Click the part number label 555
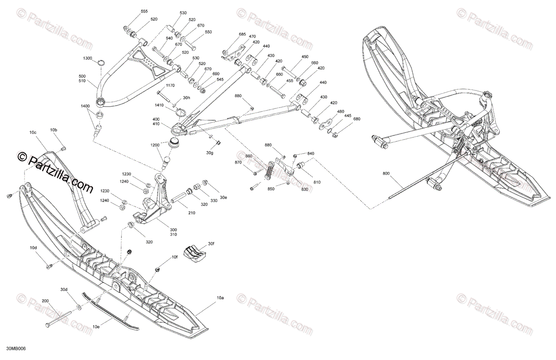pos(144,11)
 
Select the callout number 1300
pos(88,58)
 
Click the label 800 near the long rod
pos(387,174)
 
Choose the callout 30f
pos(211,243)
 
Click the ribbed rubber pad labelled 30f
pos(195,253)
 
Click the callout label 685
pos(242,34)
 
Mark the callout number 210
pos(191,213)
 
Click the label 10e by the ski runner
pos(95,327)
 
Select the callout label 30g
pos(210,152)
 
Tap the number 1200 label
pos(155,145)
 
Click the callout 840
pos(310,153)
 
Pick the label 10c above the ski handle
pos(32,133)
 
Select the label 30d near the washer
pos(63,290)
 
